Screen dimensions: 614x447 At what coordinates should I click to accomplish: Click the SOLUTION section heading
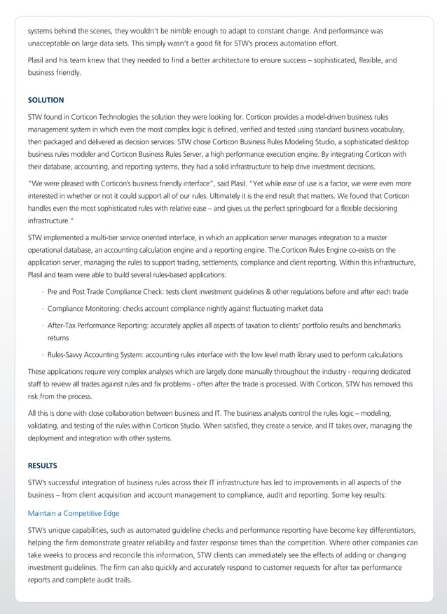(46, 100)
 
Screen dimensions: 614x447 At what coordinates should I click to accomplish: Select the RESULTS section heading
(43, 465)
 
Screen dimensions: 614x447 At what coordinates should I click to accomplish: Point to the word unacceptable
(50, 43)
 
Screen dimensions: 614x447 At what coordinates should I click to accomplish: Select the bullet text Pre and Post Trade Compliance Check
(111, 291)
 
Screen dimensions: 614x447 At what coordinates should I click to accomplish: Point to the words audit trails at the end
(112, 580)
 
